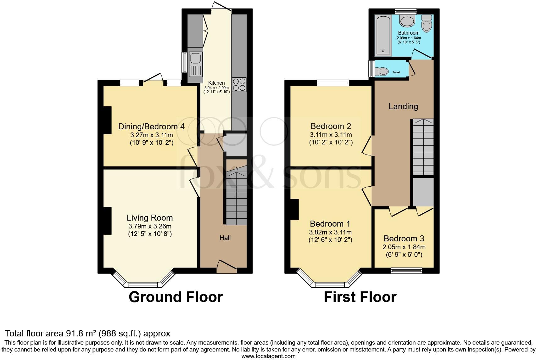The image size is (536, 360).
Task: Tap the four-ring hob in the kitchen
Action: pyautogui.click(x=239, y=84)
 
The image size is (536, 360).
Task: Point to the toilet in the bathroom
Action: pyautogui.click(x=427, y=24)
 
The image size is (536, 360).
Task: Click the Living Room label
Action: pyautogui.click(x=150, y=218)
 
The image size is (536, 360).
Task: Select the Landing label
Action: pyautogui.click(x=403, y=106)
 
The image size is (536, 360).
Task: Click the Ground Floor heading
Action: pyautogui.click(x=176, y=297)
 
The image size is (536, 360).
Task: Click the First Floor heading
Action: pyautogui.click(x=360, y=297)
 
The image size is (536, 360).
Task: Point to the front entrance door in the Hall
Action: pyautogui.click(x=226, y=266)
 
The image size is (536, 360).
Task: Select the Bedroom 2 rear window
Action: pyautogui.click(x=333, y=83)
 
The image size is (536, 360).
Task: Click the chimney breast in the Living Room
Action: pyautogui.click(x=107, y=221)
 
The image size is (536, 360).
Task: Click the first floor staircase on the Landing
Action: pyautogui.click(x=423, y=147)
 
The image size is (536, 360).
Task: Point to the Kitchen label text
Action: pyautogui.click(x=217, y=83)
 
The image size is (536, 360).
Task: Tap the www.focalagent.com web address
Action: pyautogui.click(x=268, y=356)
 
